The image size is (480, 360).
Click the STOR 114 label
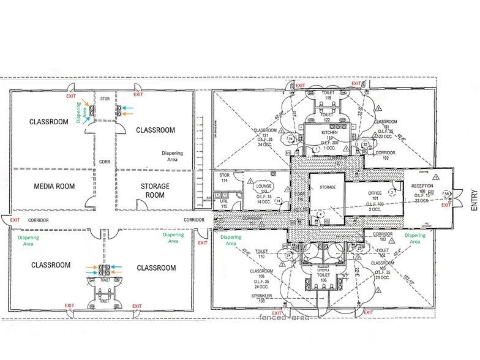point(225,178)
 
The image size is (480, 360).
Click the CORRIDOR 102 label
point(385,154)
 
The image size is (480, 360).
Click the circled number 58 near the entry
point(446,193)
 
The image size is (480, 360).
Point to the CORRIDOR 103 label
point(383,236)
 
